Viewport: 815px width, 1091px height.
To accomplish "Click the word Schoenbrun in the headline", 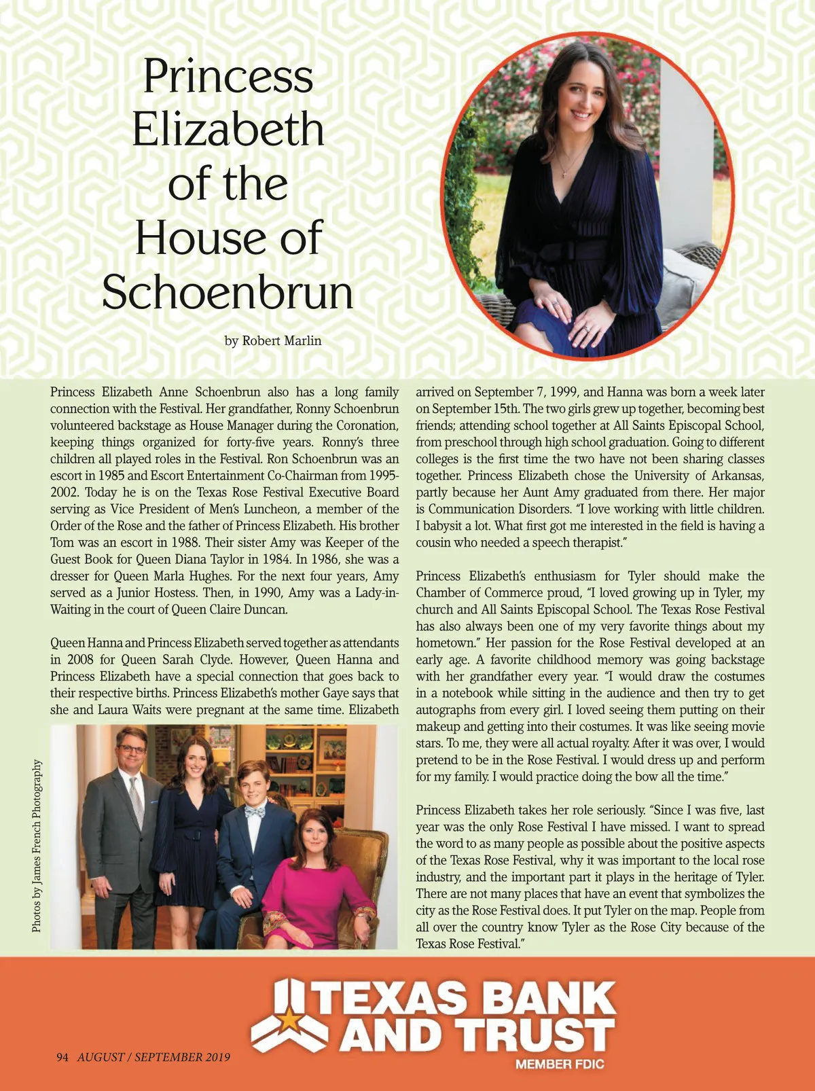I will coord(228,293).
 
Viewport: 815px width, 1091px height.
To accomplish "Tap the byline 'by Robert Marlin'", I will coord(272,341).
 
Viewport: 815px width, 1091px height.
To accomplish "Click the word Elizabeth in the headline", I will coord(228,129).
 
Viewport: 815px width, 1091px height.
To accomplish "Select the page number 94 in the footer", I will coord(63,1057).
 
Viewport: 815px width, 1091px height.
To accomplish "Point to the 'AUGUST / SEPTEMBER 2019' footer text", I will coord(153,1057).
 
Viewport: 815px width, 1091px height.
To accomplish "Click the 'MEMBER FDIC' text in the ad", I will coord(560,1065).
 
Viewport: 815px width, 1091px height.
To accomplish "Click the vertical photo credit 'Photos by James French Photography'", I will coord(38,846).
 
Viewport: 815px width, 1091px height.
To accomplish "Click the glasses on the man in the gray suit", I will coord(132,749).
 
